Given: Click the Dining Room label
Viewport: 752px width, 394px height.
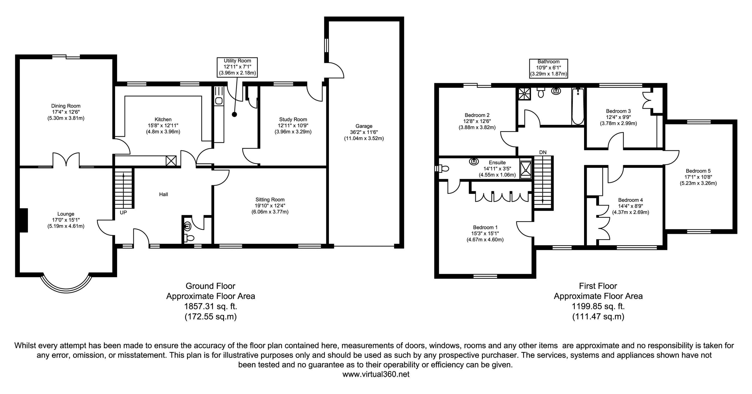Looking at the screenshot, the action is (66, 106).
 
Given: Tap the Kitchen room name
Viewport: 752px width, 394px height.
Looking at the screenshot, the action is (163, 119).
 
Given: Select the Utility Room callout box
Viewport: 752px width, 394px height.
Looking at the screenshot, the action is (237, 67).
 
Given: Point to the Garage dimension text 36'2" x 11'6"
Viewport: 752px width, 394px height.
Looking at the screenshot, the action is (364, 132).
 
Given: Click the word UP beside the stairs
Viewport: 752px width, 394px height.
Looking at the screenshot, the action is (123, 213).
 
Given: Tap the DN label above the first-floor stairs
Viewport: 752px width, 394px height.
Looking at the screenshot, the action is (543, 152).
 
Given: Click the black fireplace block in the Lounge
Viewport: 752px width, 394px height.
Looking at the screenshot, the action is (23, 220).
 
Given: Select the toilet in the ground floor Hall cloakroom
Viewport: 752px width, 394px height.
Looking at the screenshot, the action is (189, 238).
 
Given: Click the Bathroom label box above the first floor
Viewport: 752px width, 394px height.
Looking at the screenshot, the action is (548, 68).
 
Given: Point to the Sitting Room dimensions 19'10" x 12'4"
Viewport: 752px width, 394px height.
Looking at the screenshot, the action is (270, 206).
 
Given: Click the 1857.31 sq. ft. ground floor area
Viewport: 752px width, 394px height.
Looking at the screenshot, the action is (211, 306).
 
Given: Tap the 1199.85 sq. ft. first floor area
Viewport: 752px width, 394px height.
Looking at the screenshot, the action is (598, 306).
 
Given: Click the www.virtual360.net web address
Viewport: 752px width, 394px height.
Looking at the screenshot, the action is (376, 374).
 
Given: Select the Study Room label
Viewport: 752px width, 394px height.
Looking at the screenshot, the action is (293, 119).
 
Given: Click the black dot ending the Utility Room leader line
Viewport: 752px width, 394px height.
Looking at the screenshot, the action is (234, 115).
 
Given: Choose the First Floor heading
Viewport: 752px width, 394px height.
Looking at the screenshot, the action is (598, 286).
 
